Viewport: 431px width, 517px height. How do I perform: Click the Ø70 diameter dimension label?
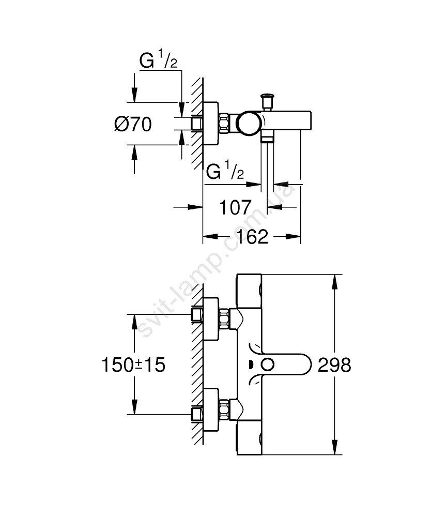(133, 124)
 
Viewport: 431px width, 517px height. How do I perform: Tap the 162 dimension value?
(254, 237)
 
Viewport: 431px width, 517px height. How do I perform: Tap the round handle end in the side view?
(247, 124)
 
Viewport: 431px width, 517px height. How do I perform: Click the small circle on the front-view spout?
(267, 365)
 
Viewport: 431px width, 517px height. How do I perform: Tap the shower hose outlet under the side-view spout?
(268, 137)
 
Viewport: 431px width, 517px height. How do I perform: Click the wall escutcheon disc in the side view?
(211, 124)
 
